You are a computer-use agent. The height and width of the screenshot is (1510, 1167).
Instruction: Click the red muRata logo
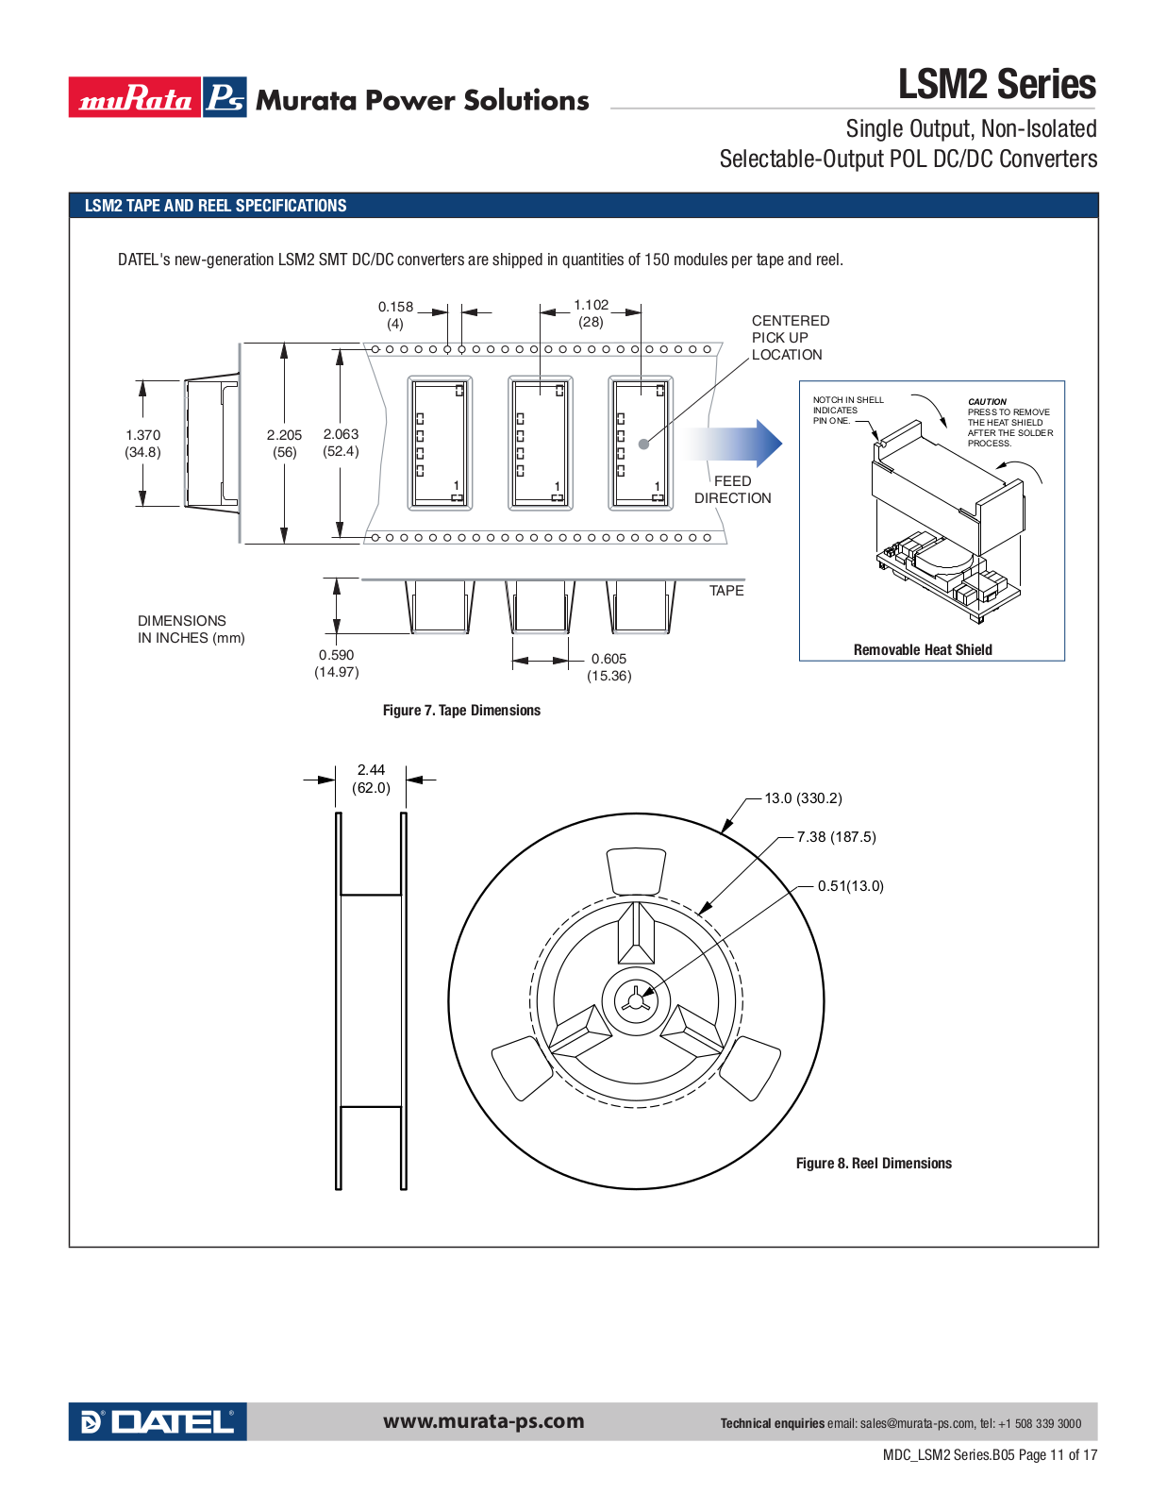[x=135, y=97]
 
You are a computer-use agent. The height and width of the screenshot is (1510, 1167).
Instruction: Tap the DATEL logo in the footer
[x=158, y=1421]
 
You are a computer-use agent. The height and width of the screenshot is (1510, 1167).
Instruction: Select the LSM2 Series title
[x=997, y=84]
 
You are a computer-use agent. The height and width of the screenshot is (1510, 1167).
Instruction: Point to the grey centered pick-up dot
[x=644, y=445]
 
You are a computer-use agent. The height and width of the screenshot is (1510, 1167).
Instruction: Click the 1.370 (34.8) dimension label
[x=143, y=444]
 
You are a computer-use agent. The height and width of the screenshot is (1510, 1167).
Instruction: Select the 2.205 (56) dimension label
[x=285, y=444]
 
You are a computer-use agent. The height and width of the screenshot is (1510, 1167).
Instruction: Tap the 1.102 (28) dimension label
[x=592, y=313]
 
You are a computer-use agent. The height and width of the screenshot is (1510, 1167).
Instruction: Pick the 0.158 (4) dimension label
[x=395, y=315]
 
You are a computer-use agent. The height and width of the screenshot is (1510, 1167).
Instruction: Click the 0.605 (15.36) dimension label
[x=609, y=667]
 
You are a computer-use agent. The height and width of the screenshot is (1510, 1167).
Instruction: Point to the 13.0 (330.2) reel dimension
[x=804, y=797]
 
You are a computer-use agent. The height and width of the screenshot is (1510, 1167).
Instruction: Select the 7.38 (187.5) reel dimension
[x=837, y=837]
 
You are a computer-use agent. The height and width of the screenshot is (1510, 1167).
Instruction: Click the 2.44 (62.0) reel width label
[x=371, y=779]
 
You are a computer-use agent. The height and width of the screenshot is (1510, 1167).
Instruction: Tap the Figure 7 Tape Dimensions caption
[x=462, y=711]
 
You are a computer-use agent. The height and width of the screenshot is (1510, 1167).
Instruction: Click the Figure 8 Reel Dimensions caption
[x=874, y=1164]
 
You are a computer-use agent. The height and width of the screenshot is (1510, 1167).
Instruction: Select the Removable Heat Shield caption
[x=923, y=649]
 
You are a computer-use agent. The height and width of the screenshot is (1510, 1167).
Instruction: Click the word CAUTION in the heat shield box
[x=987, y=402]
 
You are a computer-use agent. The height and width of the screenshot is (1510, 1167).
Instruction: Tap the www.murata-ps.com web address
[x=483, y=1421]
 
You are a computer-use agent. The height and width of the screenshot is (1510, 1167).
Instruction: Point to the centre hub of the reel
[x=636, y=1001]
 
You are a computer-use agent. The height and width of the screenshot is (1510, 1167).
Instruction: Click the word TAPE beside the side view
[x=726, y=591]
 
